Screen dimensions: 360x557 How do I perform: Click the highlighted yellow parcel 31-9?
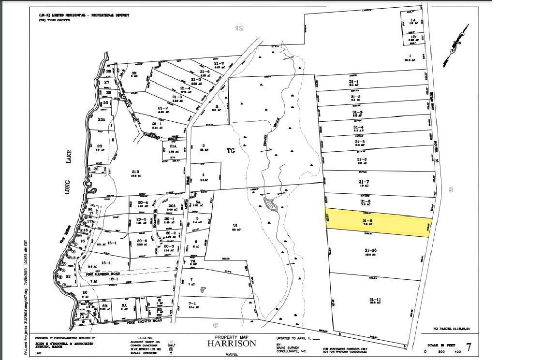377,223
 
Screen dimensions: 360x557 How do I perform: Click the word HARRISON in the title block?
232,343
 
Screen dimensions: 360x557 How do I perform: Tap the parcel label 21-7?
219,63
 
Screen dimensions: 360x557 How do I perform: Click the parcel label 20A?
171,205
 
